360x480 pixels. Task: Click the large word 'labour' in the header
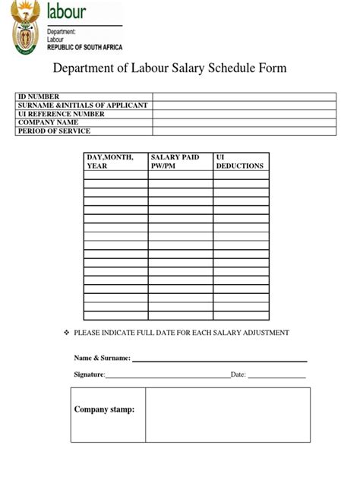tap(67, 11)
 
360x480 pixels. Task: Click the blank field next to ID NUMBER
tap(244, 96)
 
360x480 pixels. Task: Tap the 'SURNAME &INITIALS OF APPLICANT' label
tap(84, 105)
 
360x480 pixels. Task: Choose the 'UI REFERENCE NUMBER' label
tap(62, 114)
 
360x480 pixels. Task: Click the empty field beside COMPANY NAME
tap(244, 122)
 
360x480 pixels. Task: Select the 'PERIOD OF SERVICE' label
tap(55, 131)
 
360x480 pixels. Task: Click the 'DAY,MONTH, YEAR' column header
tap(110, 161)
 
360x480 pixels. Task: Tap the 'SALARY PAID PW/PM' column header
tap(175, 161)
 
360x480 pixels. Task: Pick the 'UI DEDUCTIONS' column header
tap(239, 161)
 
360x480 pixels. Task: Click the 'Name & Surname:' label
tap(102, 358)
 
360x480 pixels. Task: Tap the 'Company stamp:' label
tap(104, 410)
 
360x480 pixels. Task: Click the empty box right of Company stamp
tap(228, 415)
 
